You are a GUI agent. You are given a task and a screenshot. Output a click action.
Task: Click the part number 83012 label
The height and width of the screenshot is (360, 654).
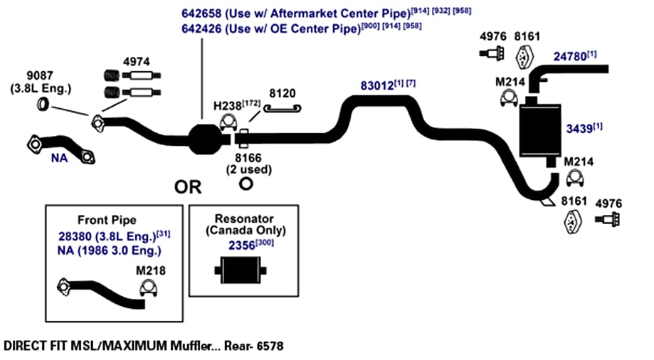coord(377,85)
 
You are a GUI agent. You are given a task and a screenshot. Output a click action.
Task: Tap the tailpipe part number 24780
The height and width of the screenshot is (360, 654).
coord(570,57)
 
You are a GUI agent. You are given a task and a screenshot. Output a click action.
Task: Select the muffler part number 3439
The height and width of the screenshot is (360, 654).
coord(579,129)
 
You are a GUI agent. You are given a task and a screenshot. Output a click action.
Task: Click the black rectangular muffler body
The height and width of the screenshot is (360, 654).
coord(539,131)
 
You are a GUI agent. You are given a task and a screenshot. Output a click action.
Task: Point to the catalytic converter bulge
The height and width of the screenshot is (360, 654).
coord(204,139)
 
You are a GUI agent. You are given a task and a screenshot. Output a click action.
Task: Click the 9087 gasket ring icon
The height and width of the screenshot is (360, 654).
coord(43,103)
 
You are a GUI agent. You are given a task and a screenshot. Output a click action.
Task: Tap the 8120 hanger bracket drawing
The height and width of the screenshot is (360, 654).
coord(283,108)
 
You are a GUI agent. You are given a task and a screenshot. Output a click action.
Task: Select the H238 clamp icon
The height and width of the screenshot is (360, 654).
coord(228,122)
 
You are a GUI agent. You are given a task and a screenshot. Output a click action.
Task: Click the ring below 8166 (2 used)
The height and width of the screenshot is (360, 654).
coord(246,184)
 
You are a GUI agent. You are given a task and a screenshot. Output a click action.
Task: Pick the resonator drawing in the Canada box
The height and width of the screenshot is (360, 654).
coord(241,270)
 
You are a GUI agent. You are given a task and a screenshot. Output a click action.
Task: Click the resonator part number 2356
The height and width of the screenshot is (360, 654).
coord(241,245)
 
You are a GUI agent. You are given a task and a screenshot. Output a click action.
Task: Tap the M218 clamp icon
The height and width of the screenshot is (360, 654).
coord(148,289)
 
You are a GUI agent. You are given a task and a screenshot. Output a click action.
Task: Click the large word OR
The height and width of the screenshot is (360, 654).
coord(188,187)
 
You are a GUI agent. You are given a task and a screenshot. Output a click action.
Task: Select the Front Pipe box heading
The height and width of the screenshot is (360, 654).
coord(107,220)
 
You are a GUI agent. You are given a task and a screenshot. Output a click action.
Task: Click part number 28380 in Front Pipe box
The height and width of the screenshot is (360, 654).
coord(75,236)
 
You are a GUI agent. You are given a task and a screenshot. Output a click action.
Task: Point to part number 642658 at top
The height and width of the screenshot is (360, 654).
coord(201,14)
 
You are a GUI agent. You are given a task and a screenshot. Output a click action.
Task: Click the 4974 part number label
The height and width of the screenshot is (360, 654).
coord(137,62)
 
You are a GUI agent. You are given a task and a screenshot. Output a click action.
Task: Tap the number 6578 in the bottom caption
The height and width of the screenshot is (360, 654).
coord(270,346)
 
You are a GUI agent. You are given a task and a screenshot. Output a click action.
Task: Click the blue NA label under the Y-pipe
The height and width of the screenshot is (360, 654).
coord(59,158)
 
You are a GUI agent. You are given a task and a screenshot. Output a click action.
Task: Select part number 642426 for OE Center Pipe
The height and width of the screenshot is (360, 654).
coord(201,28)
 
